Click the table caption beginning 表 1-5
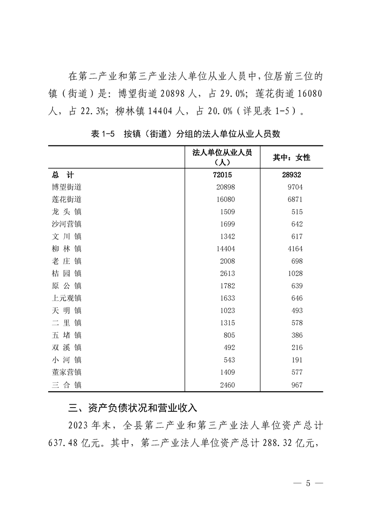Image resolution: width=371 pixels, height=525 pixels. pyautogui.click(x=185, y=134)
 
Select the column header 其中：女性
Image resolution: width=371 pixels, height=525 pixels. pyautogui.click(x=291, y=158)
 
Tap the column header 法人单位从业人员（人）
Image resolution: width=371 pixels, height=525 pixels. pyautogui.click(x=222, y=158)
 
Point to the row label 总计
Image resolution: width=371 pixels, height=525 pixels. pyautogui.click(x=63, y=175)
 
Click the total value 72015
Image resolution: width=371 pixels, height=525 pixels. pyautogui.click(x=223, y=175)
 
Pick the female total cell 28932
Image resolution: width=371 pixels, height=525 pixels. pyautogui.click(x=291, y=175)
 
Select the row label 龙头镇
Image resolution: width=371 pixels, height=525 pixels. pyautogui.click(x=67, y=211)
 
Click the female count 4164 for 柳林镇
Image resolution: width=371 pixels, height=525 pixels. pyautogui.click(x=294, y=248)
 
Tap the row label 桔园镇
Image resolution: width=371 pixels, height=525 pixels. pyautogui.click(x=67, y=273)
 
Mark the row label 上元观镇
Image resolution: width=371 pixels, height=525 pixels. pyautogui.click(x=67, y=298)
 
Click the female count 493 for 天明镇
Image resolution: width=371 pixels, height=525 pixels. pyautogui.click(x=297, y=310)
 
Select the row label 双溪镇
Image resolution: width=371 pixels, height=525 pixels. pyautogui.click(x=67, y=347)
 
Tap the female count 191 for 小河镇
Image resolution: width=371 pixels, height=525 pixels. pyautogui.click(x=297, y=360)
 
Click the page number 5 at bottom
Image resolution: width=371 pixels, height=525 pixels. pyautogui.click(x=307, y=483)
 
